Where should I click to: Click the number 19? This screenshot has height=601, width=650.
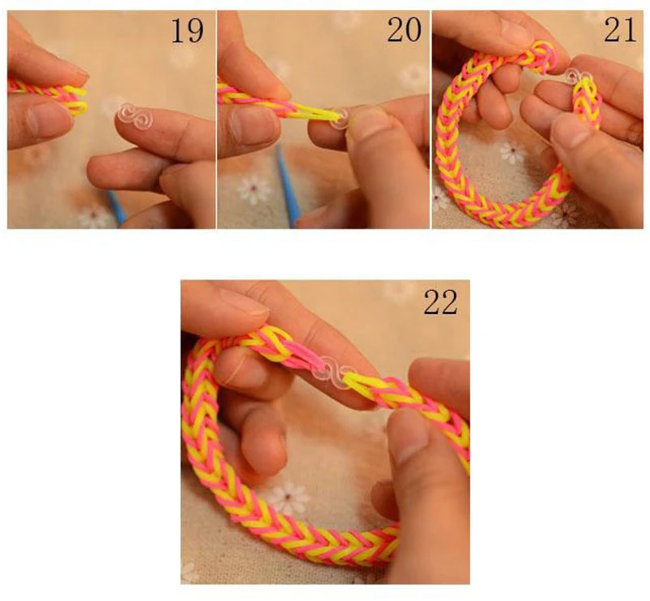[x=188, y=31]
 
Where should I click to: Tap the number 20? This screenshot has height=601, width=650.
[x=403, y=31]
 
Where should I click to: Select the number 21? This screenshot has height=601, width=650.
[x=620, y=31]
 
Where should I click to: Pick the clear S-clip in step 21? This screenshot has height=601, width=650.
[x=579, y=79]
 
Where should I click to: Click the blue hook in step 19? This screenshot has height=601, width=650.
[x=117, y=207]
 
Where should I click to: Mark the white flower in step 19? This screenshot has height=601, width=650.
[x=94, y=216]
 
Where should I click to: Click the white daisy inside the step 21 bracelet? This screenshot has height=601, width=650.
[x=512, y=151]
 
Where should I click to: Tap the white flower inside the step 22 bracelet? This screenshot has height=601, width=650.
[x=288, y=496]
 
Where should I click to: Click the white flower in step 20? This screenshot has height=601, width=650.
[x=253, y=189]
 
